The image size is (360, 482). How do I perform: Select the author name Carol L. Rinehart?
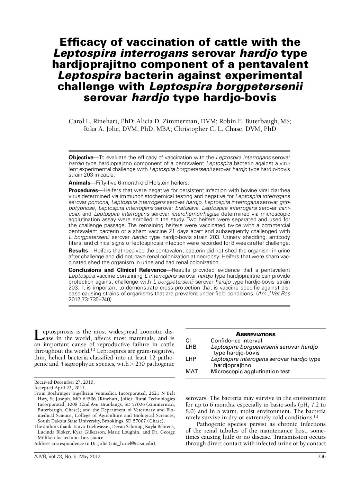(94, 121)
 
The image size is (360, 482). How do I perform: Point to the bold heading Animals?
(79, 182)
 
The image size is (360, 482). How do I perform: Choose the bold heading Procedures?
(83, 190)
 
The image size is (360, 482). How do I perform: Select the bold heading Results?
(78, 250)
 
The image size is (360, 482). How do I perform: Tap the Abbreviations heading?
(255, 334)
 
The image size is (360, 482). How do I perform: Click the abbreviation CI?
(188, 340)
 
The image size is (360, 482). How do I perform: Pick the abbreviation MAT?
(191, 372)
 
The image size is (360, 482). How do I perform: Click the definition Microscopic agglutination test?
(250, 372)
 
